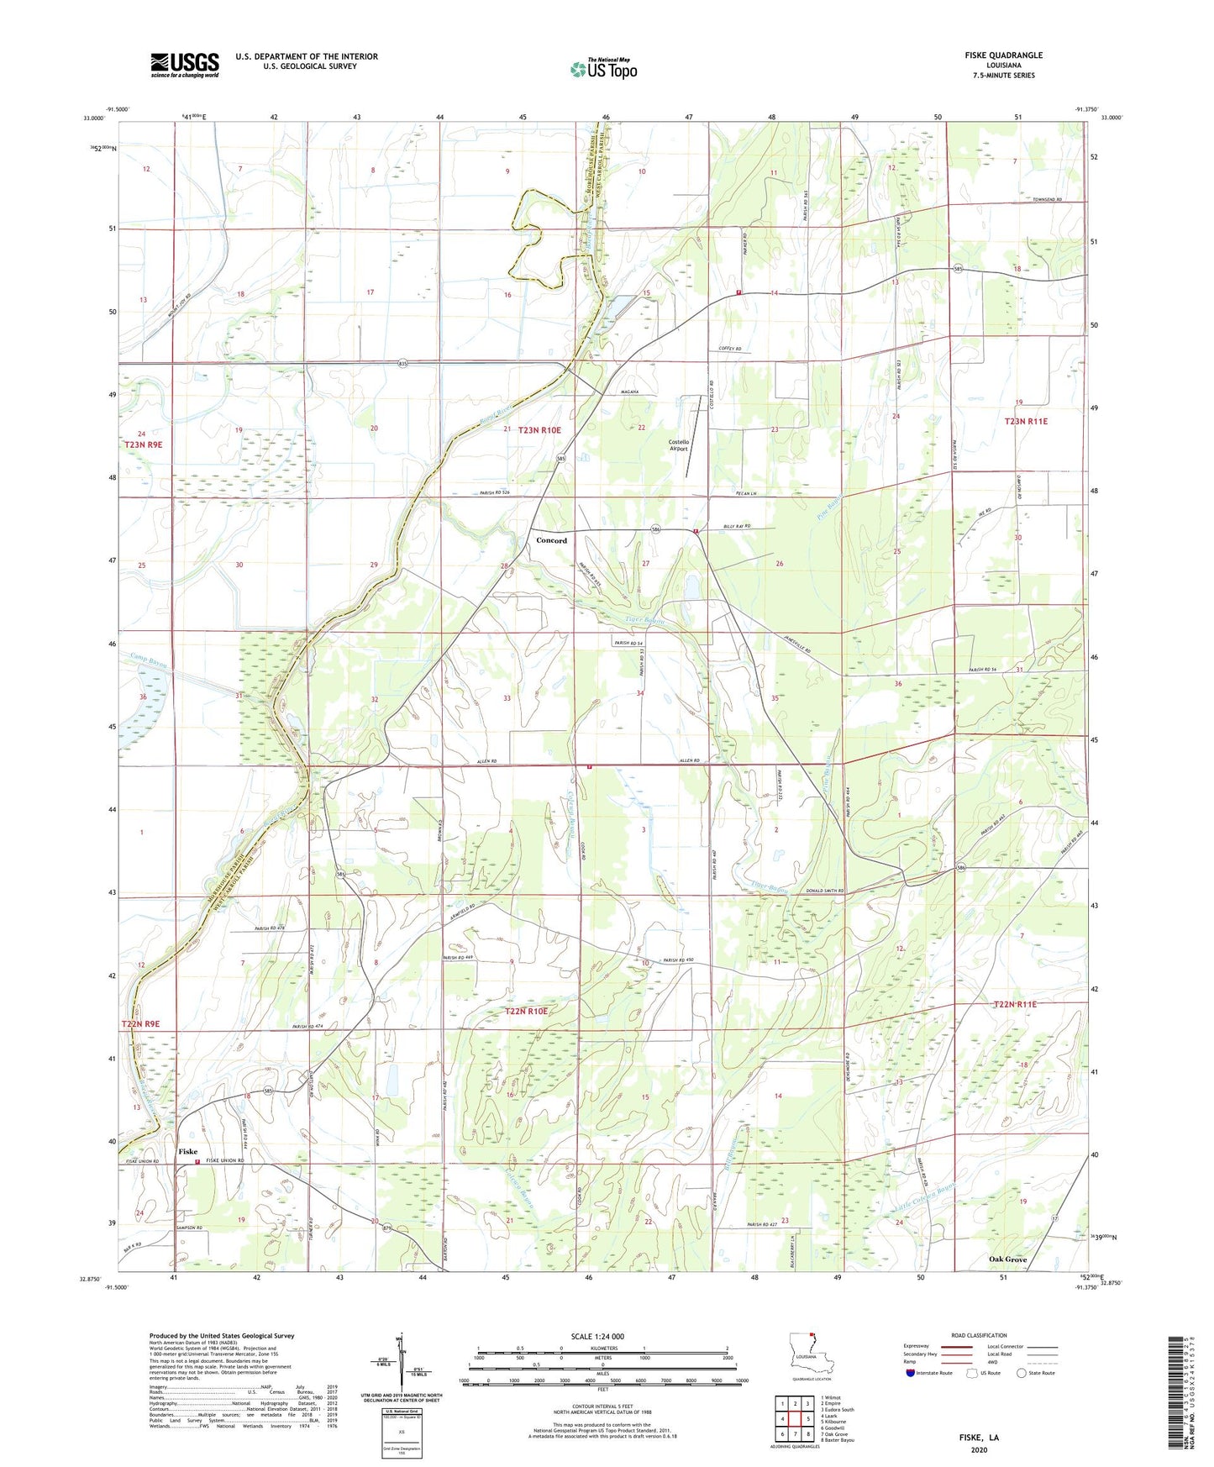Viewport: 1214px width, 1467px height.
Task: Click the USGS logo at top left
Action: tap(184, 64)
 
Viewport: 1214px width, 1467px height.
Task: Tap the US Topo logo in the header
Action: tap(603, 69)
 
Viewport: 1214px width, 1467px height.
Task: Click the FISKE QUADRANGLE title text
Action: tap(1003, 55)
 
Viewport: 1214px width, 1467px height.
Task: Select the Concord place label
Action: tap(551, 540)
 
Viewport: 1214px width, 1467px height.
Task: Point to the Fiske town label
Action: tap(187, 1151)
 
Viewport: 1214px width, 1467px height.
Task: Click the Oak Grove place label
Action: tap(1007, 1259)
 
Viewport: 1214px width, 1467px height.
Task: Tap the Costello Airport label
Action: tap(678, 445)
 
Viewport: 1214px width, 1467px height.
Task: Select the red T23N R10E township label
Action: tap(539, 430)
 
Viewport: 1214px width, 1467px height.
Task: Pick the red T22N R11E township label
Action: tap(1015, 1004)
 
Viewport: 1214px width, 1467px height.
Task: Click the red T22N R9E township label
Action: tap(140, 1024)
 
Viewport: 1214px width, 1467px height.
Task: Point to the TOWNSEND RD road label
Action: tap(1047, 200)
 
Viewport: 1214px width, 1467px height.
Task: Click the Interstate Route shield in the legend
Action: tap(911, 1373)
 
